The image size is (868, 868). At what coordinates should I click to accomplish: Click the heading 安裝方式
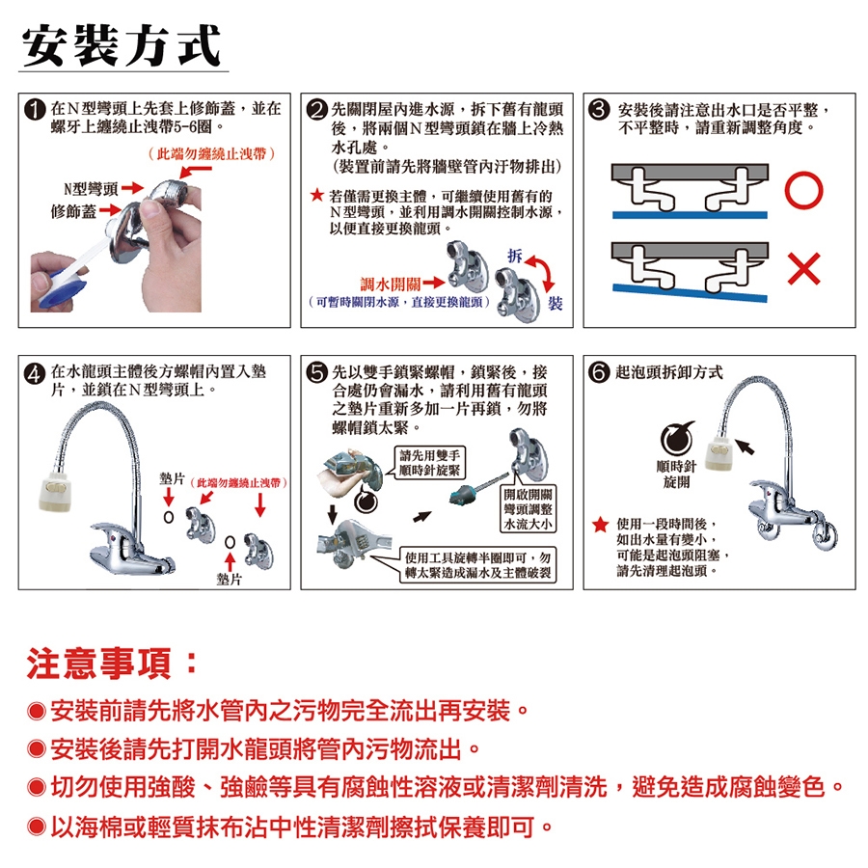(x=122, y=45)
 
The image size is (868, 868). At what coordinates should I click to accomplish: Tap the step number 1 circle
(x=35, y=109)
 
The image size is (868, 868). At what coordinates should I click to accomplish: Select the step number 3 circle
(x=599, y=109)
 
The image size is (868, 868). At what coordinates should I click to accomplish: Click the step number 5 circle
(x=317, y=372)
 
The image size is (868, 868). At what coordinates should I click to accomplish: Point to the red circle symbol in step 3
(x=803, y=190)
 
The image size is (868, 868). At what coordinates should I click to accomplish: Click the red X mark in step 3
(x=803, y=269)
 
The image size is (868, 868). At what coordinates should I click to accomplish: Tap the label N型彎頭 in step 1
(x=91, y=189)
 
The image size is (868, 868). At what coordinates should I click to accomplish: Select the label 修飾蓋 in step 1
(x=73, y=211)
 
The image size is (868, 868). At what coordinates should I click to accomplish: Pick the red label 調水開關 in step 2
(x=391, y=284)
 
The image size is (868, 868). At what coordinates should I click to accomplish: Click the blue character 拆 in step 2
(x=515, y=256)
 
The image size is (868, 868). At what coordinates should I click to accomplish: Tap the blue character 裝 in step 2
(x=555, y=304)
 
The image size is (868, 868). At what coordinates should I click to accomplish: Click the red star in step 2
(x=316, y=195)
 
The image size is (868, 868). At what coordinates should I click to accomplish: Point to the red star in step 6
(x=600, y=525)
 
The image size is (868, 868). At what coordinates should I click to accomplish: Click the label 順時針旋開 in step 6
(x=676, y=475)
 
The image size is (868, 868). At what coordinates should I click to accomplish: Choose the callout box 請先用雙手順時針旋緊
(x=430, y=463)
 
